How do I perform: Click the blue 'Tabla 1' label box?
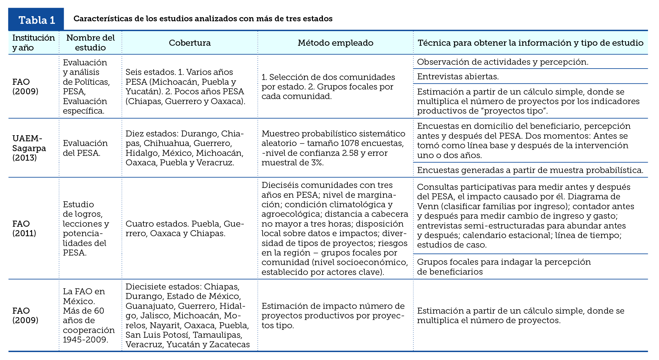(x=36, y=20)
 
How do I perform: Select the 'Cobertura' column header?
(x=190, y=43)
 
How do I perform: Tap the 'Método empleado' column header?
(x=335, y=43)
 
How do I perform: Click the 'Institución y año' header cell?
(x=33, y=43)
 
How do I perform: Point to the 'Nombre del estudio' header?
(x=90, y=43)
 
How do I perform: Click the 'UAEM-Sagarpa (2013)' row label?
(x=29, y=148)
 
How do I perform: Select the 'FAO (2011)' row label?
(x=24, y=228)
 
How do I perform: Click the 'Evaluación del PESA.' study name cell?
(x=85, y=148)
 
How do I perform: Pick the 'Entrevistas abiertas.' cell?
(x=458, y=77)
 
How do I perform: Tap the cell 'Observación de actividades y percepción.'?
(x=503, y=62)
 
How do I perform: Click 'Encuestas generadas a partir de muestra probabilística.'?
(x=530, y=170)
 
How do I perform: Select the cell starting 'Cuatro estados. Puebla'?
(x=185, y=228)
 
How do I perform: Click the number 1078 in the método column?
(x=352, y=143)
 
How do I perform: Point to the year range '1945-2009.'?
(x=85, y=340)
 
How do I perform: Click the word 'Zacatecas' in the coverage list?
(x=230, y=344)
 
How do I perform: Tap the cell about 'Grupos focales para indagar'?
(x=503, y=267)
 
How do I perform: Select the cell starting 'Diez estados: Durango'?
(x=185, y=148)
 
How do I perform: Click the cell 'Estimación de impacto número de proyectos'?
(x=333, y=316)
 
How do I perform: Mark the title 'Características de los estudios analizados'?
(x=203, y=19)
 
